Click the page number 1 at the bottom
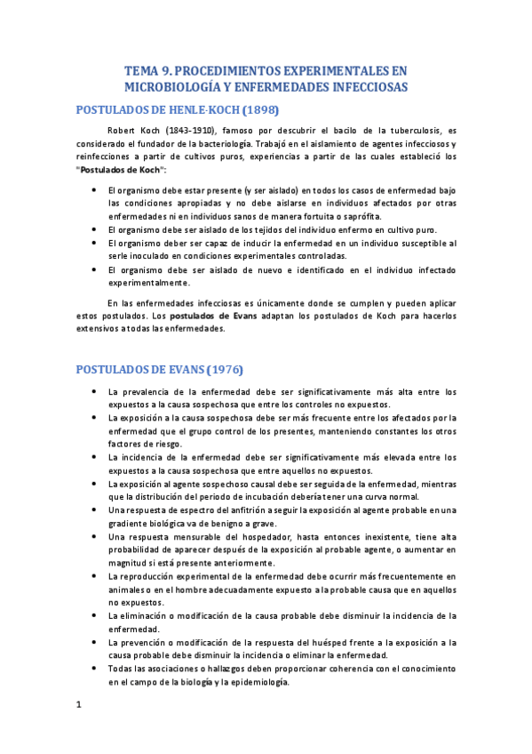click(79, 705)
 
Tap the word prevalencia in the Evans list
click(154, 392)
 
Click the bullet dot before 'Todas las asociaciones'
click(94, 668)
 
